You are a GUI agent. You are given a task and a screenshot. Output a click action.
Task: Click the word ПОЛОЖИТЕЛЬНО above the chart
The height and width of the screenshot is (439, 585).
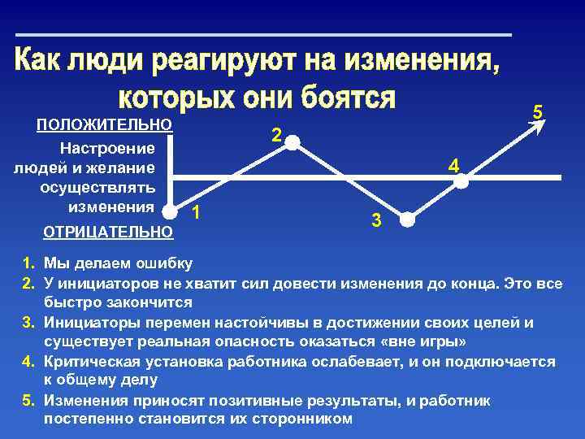coord(105,125)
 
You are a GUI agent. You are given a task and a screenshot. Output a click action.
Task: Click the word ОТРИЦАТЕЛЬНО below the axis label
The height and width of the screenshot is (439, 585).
coord(106,233)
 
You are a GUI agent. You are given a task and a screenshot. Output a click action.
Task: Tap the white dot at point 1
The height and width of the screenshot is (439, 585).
coord(171,211)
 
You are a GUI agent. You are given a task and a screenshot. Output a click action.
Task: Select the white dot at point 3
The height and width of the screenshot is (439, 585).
coord(408,220)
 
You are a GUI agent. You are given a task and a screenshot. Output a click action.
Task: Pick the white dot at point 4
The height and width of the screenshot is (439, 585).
coord(461,182)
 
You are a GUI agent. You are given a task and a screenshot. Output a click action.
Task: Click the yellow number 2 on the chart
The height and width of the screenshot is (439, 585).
coord(276,136)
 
